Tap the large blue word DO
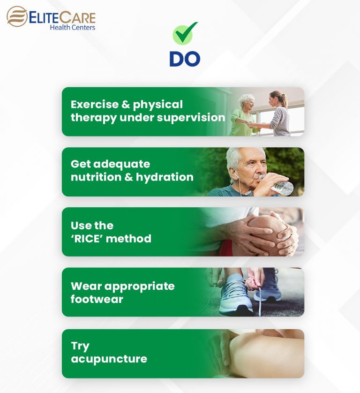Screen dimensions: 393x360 185,59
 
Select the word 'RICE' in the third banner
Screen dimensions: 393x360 92,238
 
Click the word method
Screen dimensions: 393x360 133,238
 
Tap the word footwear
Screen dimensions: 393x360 97,299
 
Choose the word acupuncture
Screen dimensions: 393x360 109,359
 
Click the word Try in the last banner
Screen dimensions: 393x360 80,346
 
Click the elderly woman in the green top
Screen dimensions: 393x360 244,117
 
